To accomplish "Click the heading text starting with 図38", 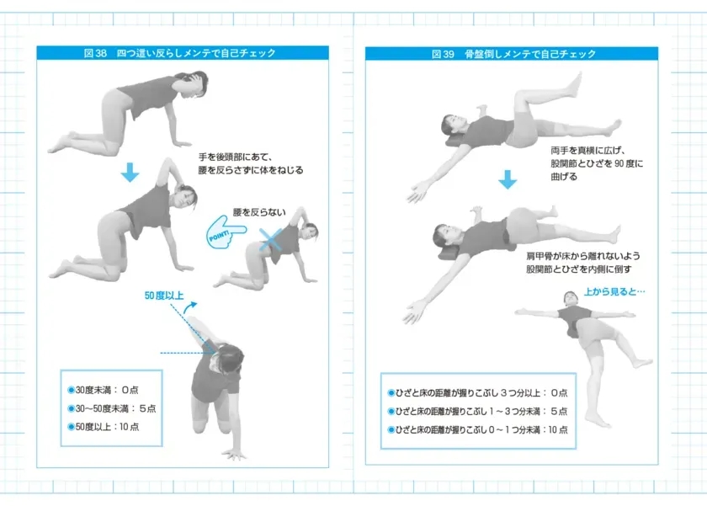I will (x=180, y=53).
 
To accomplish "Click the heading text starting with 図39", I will (x=513, y=53).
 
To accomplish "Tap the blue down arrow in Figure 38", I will (x=129, y=172).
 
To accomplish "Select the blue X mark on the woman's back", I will (x=272, y=241).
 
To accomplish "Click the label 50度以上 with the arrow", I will (x=165, y=296).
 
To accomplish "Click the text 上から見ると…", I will (x=614, y=292).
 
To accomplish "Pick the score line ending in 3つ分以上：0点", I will (x=477, y=393).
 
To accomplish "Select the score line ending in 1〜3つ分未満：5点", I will (x=477, y=412).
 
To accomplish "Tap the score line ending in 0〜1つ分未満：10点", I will (x=477, y=430).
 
